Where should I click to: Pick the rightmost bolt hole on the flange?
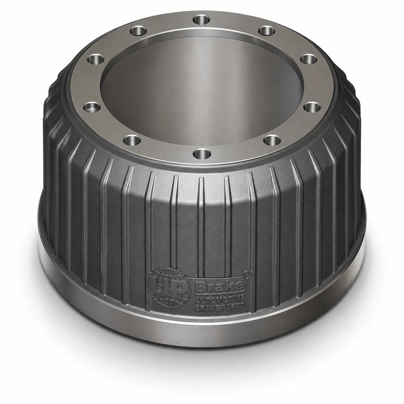[x=311, y=107]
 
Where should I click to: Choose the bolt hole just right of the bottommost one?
[x=272, y=140]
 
